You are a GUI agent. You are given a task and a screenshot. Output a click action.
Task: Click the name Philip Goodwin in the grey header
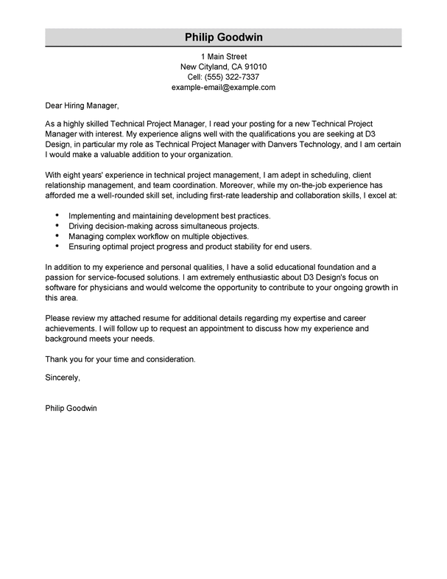pyautogui.click(x=223, y=37)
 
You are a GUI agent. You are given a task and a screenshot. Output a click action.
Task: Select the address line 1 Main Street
pyautogui.click(x=223, y=56)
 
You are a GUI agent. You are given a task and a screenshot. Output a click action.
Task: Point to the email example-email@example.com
pyautogui.click(x=223, y=87)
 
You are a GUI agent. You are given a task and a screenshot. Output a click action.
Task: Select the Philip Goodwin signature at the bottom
pyautogui.click(x=71, y=407)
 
